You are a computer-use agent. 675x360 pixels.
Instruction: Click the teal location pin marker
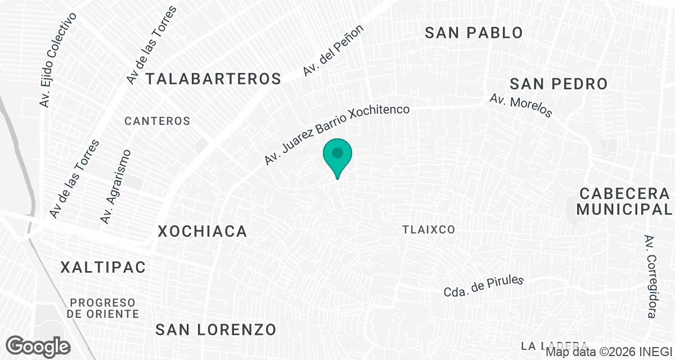click(x=337, y=156)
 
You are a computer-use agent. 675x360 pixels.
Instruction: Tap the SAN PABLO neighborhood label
click(x=474, y=33)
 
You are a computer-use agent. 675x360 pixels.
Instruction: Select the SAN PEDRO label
click(x=559, y=84)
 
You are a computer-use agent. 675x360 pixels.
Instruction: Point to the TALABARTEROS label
click(x=213, y=79)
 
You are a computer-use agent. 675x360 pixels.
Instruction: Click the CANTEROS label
click(x=157, y=121)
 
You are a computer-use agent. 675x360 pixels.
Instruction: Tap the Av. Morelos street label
click(x=521, y=105)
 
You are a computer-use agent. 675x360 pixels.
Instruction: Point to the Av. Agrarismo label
click(x=115, y=187)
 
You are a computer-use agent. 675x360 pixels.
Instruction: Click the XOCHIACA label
click(x=202, y=231)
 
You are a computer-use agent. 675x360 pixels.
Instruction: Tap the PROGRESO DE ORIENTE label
click(x=103, y=308)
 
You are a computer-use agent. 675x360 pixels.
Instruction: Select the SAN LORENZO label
click(x=216, y=329)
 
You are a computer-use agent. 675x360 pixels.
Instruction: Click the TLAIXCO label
click(x=429, y=229)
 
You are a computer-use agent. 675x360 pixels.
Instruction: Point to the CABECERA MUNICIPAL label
click(x=624, y=201)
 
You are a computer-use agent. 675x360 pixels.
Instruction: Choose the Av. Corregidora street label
click(x=651, y=276)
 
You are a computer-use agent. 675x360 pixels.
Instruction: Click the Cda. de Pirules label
click(x=484, y=286)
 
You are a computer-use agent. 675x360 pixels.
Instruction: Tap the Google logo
click(x=38, y=345)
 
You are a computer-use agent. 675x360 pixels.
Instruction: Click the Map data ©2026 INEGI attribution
click(x=609, y=353)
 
